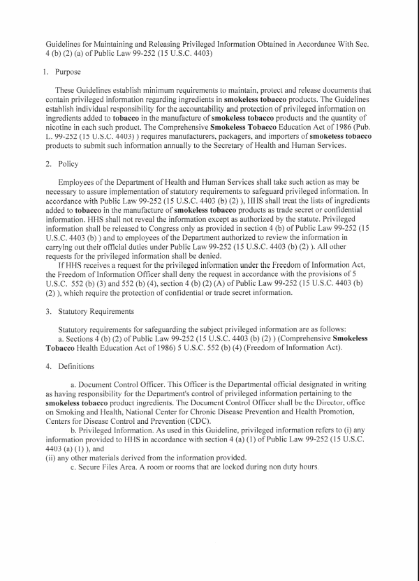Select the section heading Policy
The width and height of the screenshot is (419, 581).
click(x=66, y=164)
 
